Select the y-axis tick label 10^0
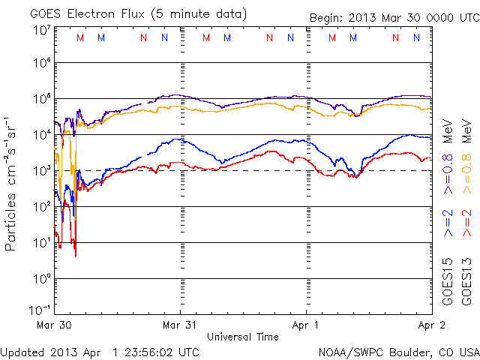[x=40, y=278]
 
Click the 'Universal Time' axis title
[x=243, y=337]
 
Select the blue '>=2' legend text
[x=448, y=223]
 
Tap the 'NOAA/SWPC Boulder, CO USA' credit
[x=398, y=352]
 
